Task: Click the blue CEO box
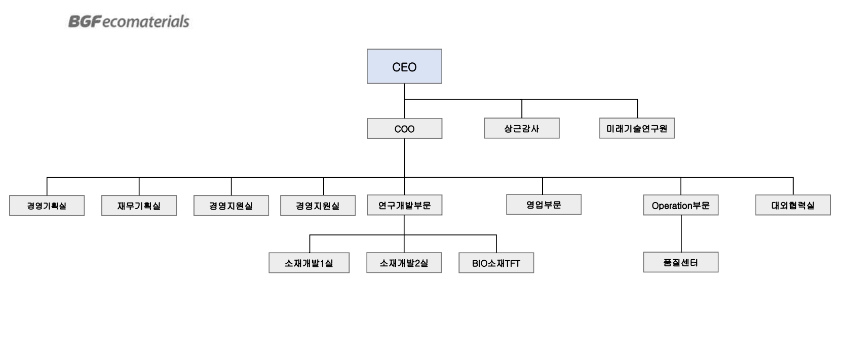pyautogui.click(x=404, y=66)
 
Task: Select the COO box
pyautogui.click(x=404, y=129)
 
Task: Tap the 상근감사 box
pyautogui.click(x=522, y=128)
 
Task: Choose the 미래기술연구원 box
pyautogui.click(x=637, y=128)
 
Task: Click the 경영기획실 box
pyautogui.click(x=47, y=206)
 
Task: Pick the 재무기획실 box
pyautogui.click(x=139, y=206)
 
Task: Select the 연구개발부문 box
pyautogui.click(x=404, y=205)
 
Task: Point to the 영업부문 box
pyautogui.click(x=544, y=205)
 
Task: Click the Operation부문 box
pyautogui.click(x=680, y=205)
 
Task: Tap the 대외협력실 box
pyautogui.click(x=793, y=205)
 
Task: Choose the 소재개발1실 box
pyautogui.click(x=309, y=263)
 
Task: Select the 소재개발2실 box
pyautogui.click(x=404, y=263)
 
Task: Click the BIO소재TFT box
pyautogui.click(x=496, y=263)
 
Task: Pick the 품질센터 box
pyautogui.click(x=680, y=262)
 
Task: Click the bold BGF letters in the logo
pyautogui.click(x=85, y=21)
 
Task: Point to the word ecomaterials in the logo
pyautogui.click(x=146, y=22)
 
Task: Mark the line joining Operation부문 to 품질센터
pyautogui.click(x=681, y=233)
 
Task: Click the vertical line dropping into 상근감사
pyautogui.click(x=522, y=108)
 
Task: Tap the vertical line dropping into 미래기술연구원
pyautogui.click(x=637, y=108)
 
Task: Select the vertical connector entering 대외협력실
pyautogui.click(x=793, y=186)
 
